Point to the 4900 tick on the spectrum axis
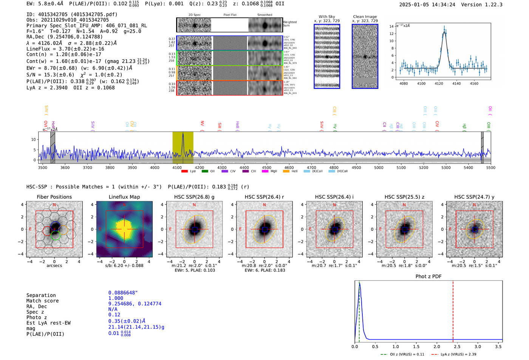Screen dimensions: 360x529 356,167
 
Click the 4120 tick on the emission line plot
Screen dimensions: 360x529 439,83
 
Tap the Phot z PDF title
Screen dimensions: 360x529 428,277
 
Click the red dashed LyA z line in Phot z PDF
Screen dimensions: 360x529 453,310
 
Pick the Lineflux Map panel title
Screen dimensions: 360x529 124,197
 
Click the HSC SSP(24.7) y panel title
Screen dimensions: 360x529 474,197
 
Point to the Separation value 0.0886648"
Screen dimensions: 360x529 123,293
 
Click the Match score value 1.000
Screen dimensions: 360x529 116,298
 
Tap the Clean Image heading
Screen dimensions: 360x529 365,17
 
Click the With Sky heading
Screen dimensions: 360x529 327,17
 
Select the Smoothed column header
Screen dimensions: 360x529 264,15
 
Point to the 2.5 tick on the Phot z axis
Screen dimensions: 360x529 457,346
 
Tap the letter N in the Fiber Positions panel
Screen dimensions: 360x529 54,205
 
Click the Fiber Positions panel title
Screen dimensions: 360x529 54,197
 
